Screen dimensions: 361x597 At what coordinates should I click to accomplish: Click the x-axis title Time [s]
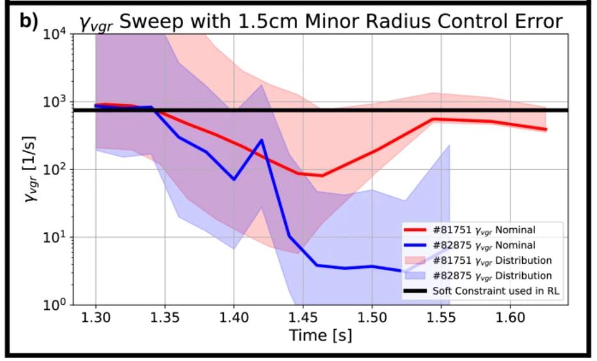(x=321, y=334)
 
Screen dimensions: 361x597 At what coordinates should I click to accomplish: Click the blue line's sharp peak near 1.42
(x=261, y=140)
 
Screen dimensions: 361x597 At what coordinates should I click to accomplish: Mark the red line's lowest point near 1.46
(x=322, y=176)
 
